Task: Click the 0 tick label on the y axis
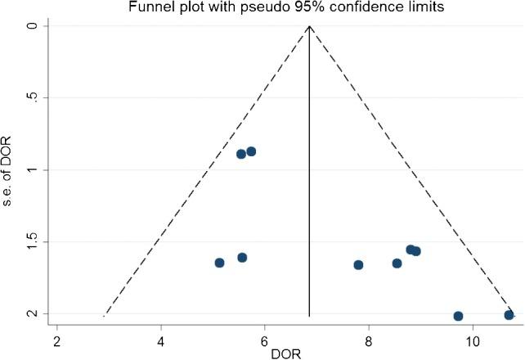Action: [x=34, y=26]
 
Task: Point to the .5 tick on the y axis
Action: [x=34, y=98]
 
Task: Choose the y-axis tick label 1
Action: [x=34, y=170]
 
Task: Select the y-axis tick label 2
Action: [x=34, y=314]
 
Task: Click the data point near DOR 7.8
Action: [x=358, y=264]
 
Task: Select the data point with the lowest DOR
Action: [x=219, y=263]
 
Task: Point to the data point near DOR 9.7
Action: [x=458, y=316]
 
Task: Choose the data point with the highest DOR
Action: [x=509, y=315]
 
